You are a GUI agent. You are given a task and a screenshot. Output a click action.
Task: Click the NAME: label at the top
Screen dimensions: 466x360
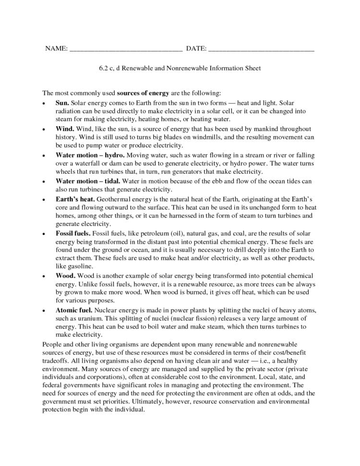point(56,49)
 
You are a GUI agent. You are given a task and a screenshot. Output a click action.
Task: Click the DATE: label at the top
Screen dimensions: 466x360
point(196,49)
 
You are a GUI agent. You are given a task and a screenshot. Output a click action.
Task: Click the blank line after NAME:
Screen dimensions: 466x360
point(126,50)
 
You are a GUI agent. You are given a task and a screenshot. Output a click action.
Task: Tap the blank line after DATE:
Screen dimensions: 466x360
point(262,50)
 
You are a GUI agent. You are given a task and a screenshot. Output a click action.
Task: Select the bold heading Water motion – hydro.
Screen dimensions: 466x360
point(90,155)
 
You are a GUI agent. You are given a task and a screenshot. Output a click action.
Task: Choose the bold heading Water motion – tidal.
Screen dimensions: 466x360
point(88,181)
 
